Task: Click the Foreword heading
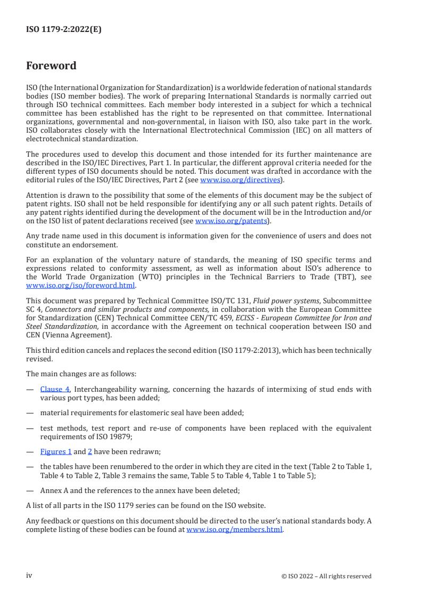pyautogui.click(x=51, y=66)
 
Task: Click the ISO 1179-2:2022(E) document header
pyautogui.click(x=63, y=30)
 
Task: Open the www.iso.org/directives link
pyautogui.click(x=240, y=180)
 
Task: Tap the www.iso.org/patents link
pyautogui.click(x=233, y=221)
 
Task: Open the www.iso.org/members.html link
pyautogui.click(x=234, y=530)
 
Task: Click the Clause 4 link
pyautogui.click(x=55, y=389)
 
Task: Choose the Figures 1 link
pyautogui.click(x=56, y=451)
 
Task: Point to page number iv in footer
pyautogui.click(x=29, y=576)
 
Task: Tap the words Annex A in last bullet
pyautogui.click(x=56, y=491)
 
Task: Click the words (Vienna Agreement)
pyautogui.click(x=91, y=334)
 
